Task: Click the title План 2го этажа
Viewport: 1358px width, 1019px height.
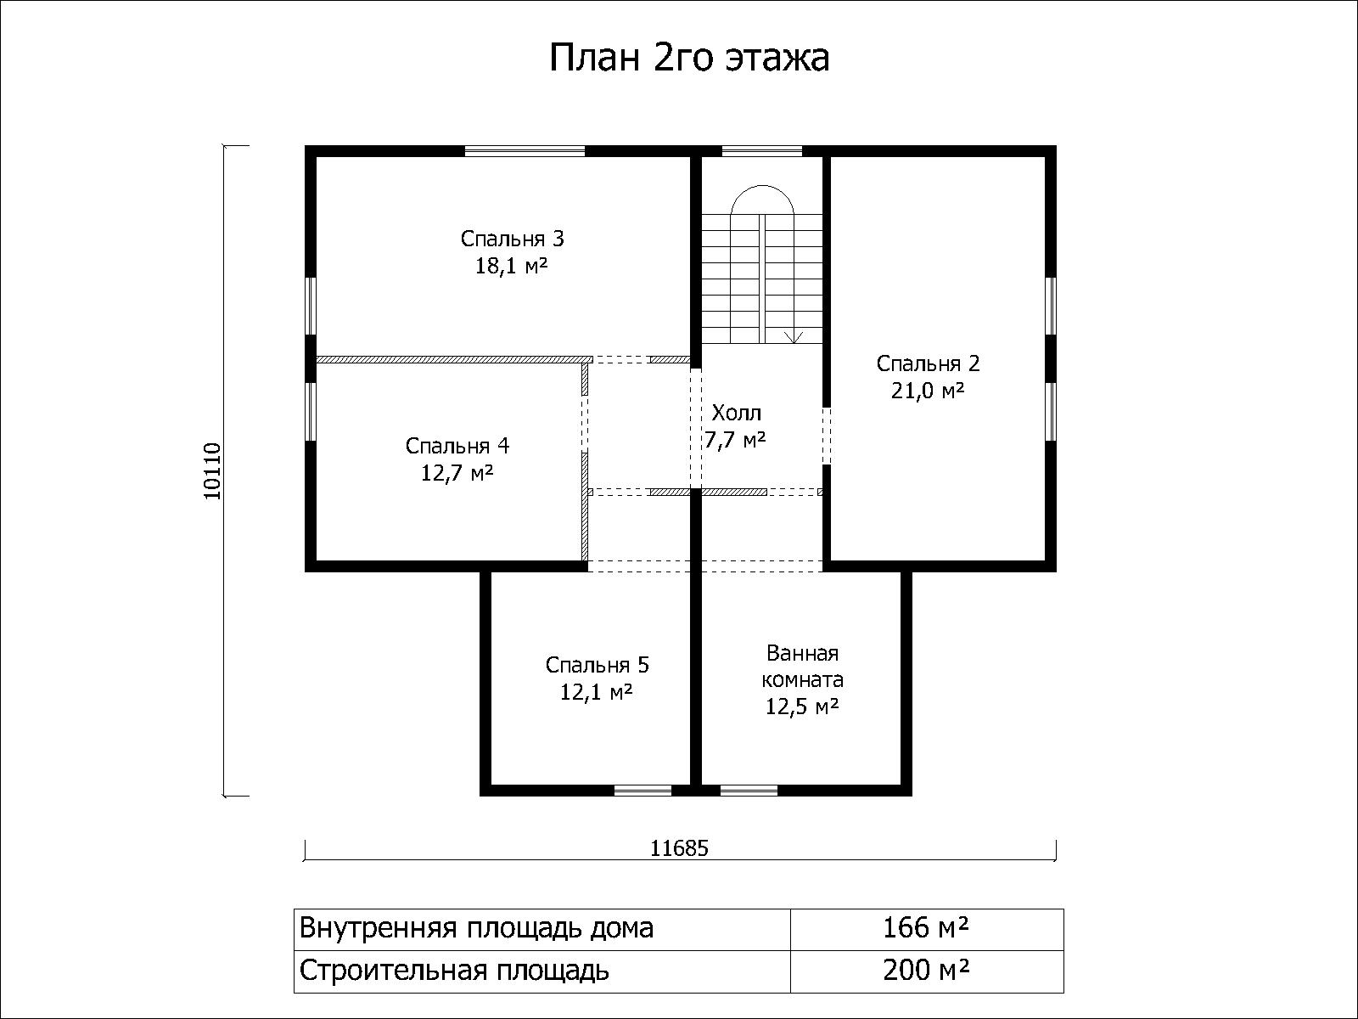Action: tap(689, 59)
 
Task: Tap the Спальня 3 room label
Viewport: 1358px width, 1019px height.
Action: tap(513, 239)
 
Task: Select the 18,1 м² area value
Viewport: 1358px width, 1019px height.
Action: tap(511, 266)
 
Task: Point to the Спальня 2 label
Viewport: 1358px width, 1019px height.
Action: tap(928, 363)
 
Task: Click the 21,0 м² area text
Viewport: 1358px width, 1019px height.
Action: tap(928, 391)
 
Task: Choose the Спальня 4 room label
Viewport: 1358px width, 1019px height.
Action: tap(457, 446)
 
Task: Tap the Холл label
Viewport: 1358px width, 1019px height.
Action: tap(736, 412)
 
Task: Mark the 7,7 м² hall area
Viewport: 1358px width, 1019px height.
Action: tap(735, 439)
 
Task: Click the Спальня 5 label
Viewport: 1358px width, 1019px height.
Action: tap(597, 665)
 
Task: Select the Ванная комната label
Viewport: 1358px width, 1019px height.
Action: tap(802, 666)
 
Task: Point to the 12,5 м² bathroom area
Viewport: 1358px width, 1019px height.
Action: tap(802, 706)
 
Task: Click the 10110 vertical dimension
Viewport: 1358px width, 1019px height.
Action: tap(212, 471)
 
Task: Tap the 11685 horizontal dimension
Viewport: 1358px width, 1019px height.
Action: tap(679, 848)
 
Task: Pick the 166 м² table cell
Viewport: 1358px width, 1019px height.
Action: tap(925, 928)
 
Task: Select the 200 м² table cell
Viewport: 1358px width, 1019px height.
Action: tap(925, 970)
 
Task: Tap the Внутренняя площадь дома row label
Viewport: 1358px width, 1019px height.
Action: tap(476, 929)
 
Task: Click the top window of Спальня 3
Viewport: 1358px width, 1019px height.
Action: tap(525, 150)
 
